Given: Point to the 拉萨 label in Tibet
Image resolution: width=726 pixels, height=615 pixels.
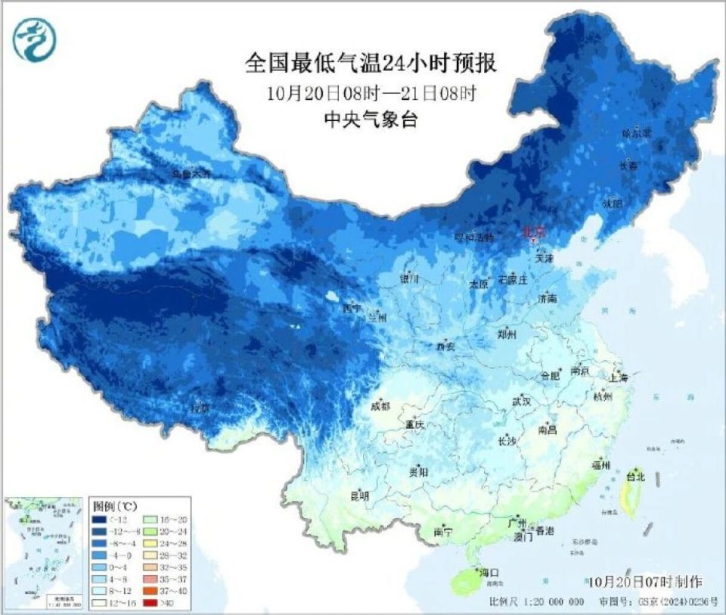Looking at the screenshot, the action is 200,408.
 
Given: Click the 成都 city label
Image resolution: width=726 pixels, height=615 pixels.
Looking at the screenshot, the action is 381,406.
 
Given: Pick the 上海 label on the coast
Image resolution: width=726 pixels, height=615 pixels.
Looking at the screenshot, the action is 616,376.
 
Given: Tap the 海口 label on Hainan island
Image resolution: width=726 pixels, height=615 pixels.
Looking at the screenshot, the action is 490,573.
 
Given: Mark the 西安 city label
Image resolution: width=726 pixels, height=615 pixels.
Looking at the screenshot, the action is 445,346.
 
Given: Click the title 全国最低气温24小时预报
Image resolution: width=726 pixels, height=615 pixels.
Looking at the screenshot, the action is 371,63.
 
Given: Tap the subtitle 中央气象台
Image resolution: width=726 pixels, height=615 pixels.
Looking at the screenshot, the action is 371,119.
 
